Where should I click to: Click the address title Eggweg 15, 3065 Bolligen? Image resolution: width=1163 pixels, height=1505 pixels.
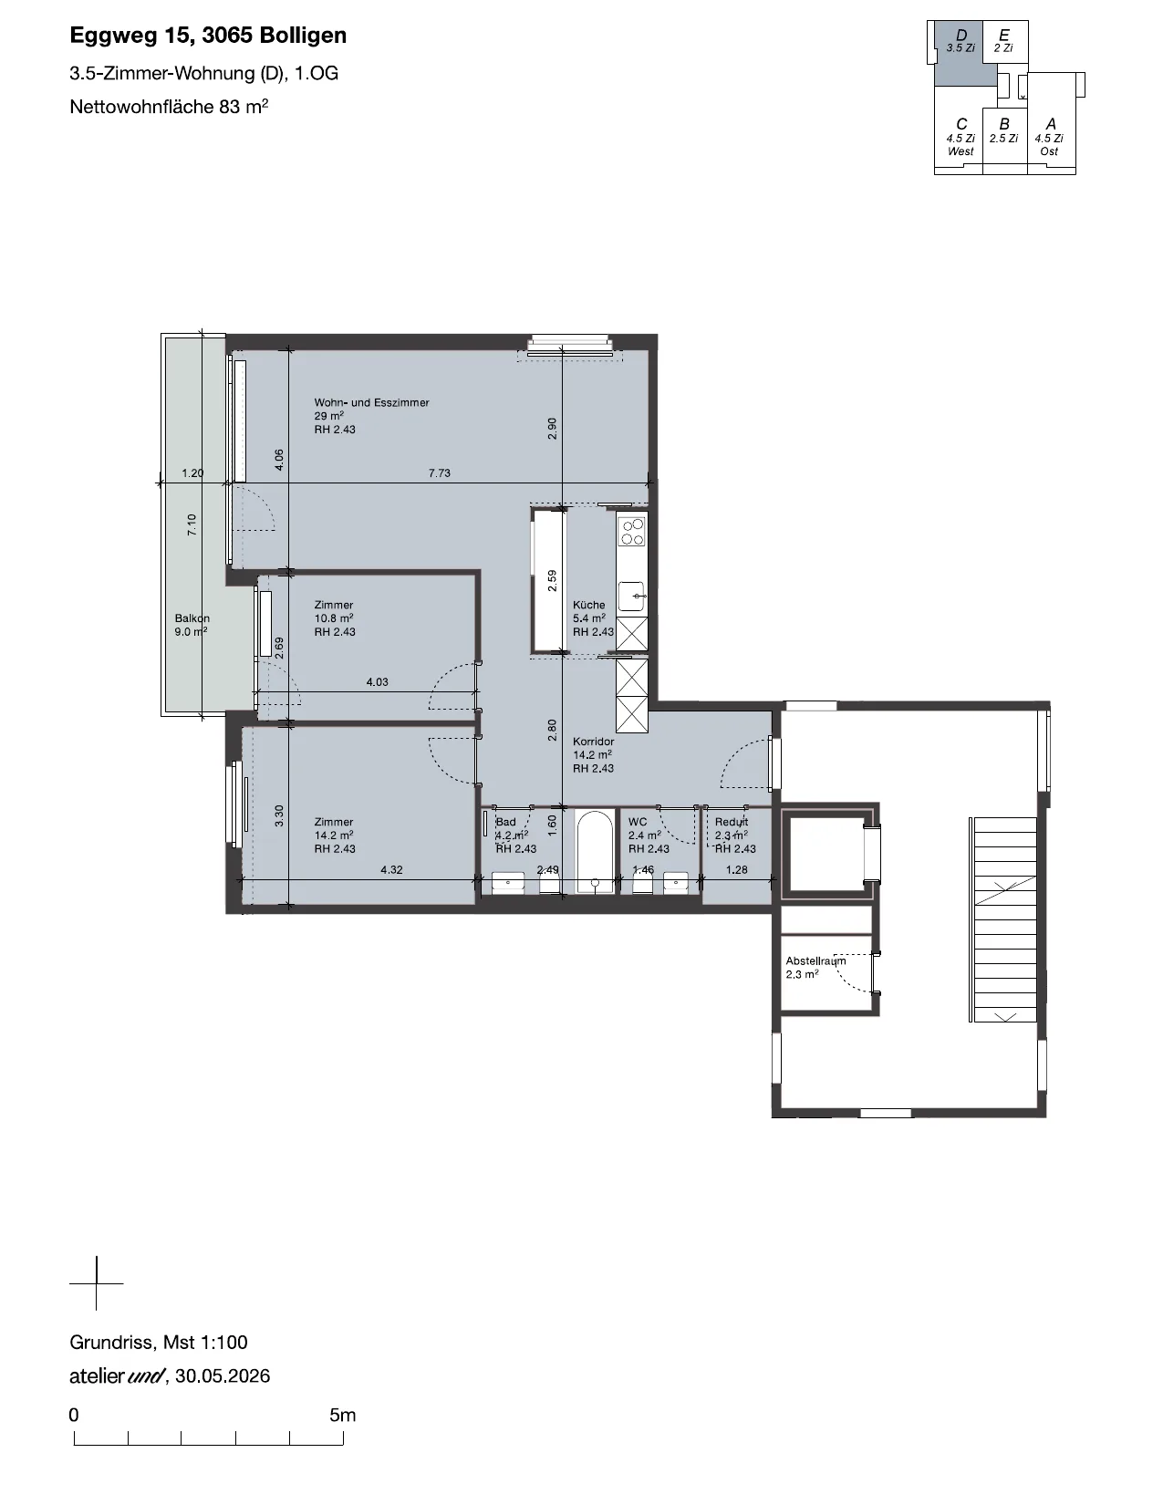(x=208, y=36)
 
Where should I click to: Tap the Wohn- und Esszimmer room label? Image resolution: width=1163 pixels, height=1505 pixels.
(x=371, y=402)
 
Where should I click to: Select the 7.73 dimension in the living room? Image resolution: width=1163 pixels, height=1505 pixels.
(x=439, y=473)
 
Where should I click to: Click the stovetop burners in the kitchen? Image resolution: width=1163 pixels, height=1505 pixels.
(x=632, y=531)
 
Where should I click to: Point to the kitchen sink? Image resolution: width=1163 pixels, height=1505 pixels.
(x=632, y=596)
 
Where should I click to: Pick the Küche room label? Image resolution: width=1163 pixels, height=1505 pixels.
(x=588, y=605)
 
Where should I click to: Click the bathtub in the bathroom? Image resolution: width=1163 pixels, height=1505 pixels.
(x=595, y=851)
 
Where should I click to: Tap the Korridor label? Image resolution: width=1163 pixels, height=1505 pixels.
(x=593, y=741)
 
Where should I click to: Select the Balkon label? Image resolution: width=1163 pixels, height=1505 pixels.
(x=192, y=618)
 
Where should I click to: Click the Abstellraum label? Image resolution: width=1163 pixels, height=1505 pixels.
(x=815, y=960)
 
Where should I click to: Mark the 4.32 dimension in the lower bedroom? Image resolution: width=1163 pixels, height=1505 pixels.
(x=391, y=870)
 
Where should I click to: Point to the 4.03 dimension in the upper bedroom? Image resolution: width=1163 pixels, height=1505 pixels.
(x=377, y=682)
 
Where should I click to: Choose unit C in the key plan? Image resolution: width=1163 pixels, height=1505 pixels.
(x=961, y=137)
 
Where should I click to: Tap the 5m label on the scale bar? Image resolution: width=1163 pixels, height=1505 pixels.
(x=342, y=1415)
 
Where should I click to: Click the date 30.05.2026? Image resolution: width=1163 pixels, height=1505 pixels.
(x=223, y=1376)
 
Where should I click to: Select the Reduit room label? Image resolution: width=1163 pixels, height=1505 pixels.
(x=732, y=822)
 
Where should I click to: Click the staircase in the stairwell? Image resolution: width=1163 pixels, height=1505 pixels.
(x=1004, y=919)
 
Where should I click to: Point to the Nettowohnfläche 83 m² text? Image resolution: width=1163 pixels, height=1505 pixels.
(x=169, y=107)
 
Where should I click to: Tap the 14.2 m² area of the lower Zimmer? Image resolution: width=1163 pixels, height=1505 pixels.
(x=334, y=836)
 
